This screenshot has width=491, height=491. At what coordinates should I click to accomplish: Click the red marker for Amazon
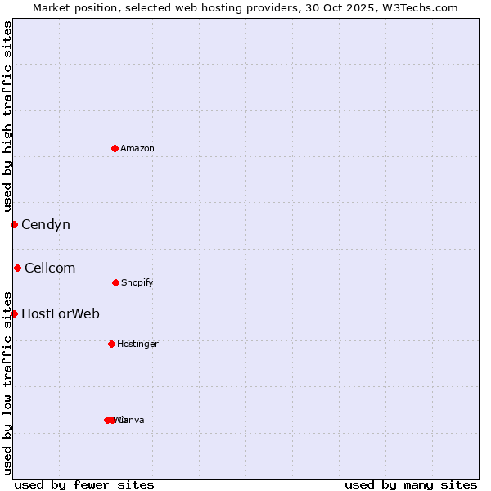[x=115, y=148]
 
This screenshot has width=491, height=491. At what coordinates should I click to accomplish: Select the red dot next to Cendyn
[x=14, y=224]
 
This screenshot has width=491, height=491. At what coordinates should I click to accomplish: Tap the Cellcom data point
[x=17, y=268]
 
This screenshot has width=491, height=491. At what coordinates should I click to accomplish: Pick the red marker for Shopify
[x=115, y=282]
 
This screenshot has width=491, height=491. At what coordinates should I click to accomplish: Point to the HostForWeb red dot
[x=14, y=313]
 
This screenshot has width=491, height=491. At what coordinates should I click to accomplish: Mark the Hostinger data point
[x=111, y=344]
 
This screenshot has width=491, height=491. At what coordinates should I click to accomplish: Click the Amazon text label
[x=137, y=148]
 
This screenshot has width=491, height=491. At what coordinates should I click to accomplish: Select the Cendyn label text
[x=46, y=224]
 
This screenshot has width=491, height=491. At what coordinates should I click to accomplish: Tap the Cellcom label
[x=50, y=268]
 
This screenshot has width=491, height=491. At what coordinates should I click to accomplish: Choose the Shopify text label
[x=137, y=282]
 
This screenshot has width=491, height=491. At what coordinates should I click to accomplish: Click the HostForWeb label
[x=61, y=313]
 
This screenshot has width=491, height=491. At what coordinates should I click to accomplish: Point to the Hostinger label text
[x=137, y=344]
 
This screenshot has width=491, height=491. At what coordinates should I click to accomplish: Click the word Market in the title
[x=51, y=7]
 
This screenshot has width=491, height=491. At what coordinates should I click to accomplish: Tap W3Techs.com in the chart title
[x=423, y=7]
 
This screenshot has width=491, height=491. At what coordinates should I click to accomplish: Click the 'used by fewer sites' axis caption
[x=84, y=484]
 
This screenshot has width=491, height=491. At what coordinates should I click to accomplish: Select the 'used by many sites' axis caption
[x=411, y=484]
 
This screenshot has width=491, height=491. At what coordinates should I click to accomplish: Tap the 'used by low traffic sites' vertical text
[x=7, y=382]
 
